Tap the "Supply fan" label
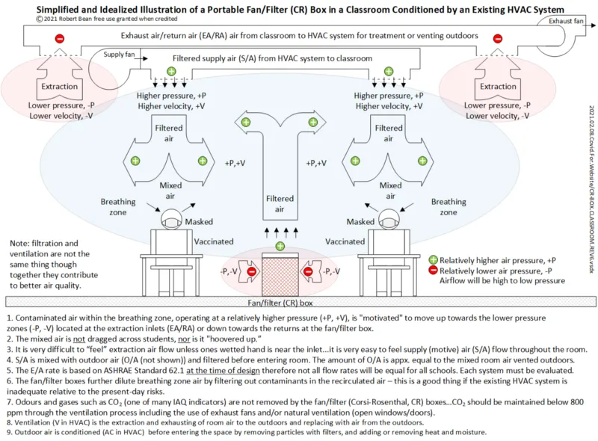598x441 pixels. coord(118,55)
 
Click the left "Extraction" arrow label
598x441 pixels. coord(60,87)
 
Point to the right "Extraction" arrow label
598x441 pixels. coord(498,87)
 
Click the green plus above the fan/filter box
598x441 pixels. coord(280,246)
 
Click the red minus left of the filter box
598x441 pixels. coord(252,272)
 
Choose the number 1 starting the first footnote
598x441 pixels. coord(8,318)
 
